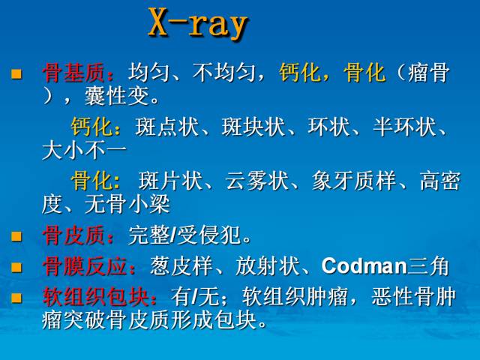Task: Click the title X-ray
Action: (x=198, y=24)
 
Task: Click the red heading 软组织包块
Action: (x=95, y=297)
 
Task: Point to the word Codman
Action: (x=364, y=266)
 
